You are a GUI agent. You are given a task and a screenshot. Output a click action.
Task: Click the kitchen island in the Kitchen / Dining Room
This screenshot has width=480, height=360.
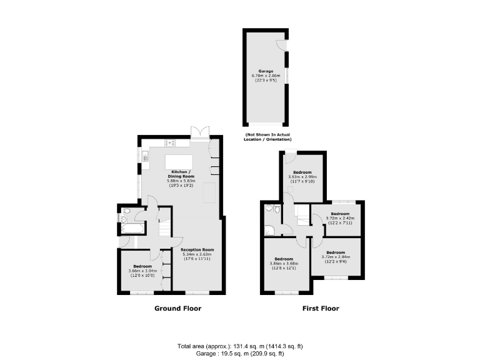(x=178, y=162)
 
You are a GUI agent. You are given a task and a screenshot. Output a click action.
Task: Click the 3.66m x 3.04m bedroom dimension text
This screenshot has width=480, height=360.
(x=139, y=271)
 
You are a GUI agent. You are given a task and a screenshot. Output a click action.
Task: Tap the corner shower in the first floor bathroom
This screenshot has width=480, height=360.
(x=270, y=208)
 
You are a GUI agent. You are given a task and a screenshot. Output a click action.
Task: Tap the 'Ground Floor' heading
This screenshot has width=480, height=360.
(x=177, y=308)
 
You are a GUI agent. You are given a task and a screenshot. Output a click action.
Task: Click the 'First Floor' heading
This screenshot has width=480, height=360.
(x=321, y=308)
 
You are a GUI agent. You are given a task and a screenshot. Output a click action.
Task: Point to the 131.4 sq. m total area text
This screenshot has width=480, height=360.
(x=239, y=346)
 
